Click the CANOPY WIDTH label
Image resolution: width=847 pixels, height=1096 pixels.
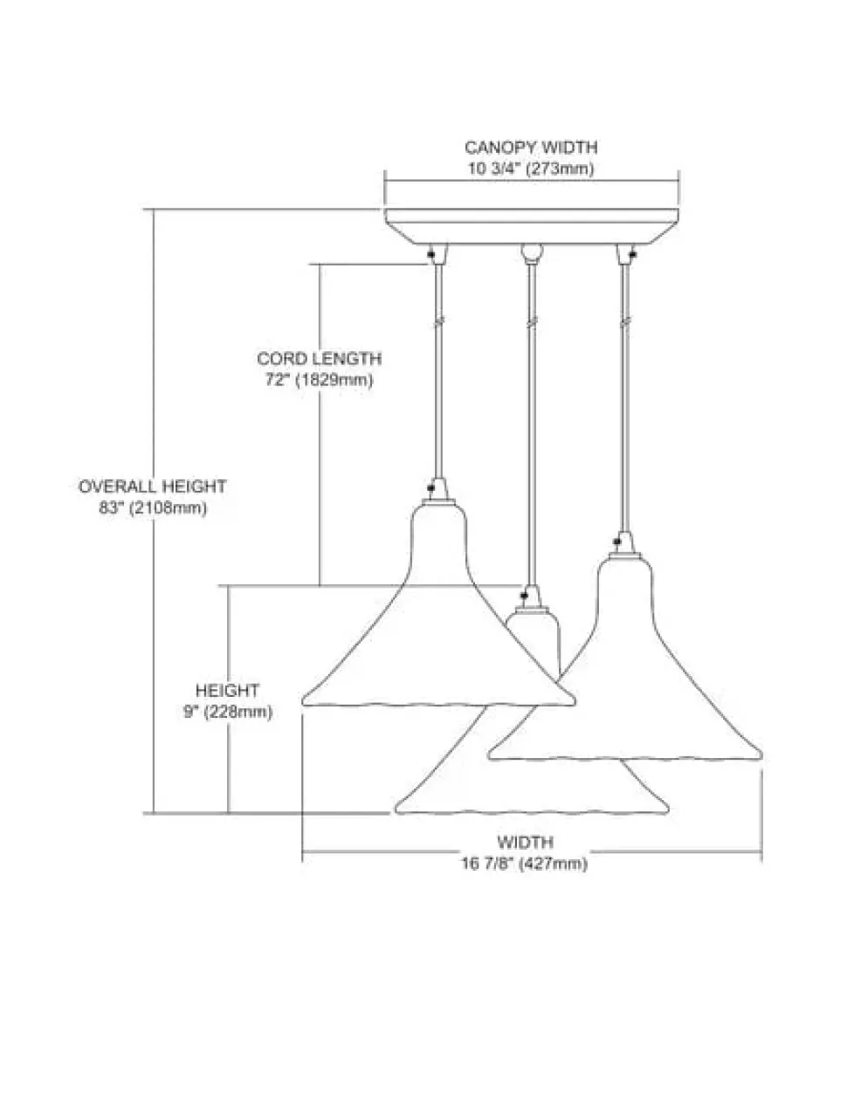(530, 148)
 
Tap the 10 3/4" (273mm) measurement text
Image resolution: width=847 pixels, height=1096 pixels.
(530, 169)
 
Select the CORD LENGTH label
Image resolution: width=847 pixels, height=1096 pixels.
(319, 359)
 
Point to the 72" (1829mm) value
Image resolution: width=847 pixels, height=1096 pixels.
(319, 380)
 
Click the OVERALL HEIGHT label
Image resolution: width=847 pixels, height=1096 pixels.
(153, 486)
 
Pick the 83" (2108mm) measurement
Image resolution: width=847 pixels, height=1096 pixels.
(153, 508)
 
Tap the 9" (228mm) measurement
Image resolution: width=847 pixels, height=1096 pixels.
(227, 712)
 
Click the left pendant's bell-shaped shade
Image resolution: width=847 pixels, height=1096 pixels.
(437, 629)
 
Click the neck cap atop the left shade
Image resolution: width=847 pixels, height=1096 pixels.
(436, 502)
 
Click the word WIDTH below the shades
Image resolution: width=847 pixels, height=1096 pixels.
(526, 843)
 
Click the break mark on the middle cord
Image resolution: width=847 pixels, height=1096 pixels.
(528, 322)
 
